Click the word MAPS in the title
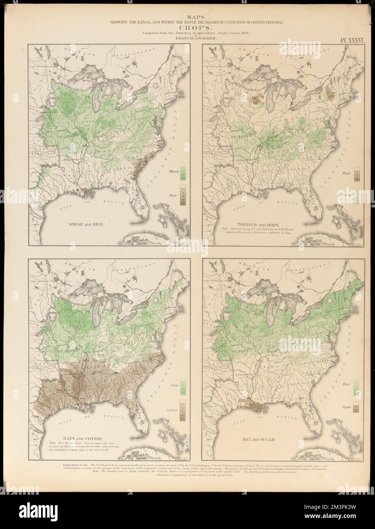[x=187, y=17]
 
